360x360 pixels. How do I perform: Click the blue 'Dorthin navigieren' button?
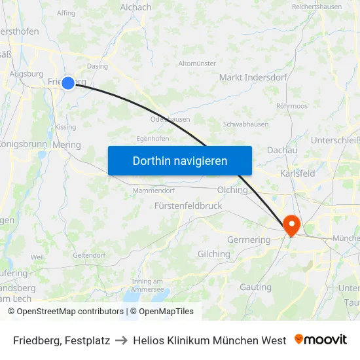180,160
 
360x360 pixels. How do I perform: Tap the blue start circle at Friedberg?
68,83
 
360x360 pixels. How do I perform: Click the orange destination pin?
291,226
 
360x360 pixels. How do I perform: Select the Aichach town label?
135,7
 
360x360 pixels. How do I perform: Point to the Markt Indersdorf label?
253,77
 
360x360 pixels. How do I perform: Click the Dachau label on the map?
282,150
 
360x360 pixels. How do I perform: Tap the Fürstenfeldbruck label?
188,206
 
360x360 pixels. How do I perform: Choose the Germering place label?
248,240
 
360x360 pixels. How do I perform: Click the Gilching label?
214,254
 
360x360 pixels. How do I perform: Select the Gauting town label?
255,287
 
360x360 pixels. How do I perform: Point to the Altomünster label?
197,63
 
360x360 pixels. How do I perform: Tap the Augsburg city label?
26,74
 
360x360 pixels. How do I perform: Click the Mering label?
67,145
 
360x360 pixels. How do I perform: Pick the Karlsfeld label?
297,173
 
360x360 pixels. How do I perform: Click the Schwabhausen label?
245,124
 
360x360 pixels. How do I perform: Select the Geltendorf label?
89,255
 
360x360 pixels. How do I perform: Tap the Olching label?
232,190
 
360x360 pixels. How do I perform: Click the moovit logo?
321,340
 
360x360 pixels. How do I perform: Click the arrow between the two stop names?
121,340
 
